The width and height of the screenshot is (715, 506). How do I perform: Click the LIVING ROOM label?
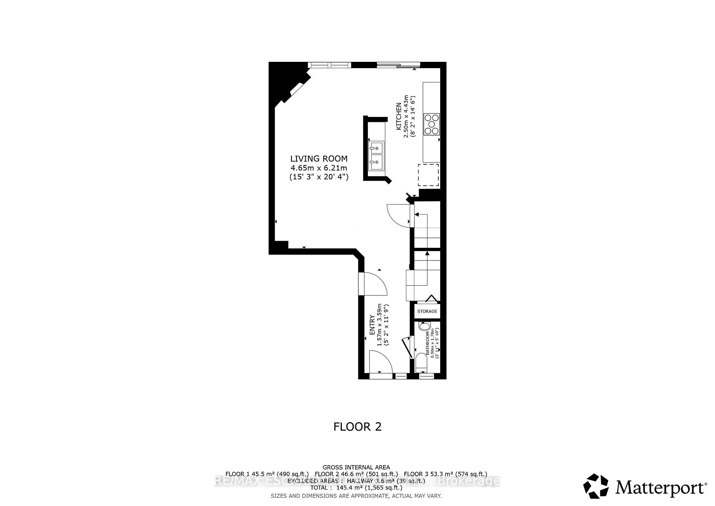click(x=319, y=159)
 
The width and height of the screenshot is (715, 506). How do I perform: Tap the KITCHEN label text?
click(x=398, y=116)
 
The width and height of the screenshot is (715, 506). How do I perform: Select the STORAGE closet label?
click(x=427, y=311)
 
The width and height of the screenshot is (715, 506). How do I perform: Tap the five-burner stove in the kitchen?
click(x=432, y=124)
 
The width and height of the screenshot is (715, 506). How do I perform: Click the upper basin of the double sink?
click(x=376, y=148)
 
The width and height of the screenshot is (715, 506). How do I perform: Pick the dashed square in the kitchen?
click(x=428, y=174)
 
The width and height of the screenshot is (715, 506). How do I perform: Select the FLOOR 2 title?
click(x=357, y=427)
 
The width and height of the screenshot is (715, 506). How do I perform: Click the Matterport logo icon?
click(x=596, y=486)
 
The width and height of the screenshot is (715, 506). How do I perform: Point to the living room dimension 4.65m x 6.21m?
click(x=319, y=168)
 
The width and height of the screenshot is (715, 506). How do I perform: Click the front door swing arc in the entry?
click(x=381, y=361)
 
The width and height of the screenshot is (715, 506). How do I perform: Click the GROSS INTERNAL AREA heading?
click(x=356, y=467)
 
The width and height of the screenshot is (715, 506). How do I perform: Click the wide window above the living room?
click(x=330, y=65)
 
